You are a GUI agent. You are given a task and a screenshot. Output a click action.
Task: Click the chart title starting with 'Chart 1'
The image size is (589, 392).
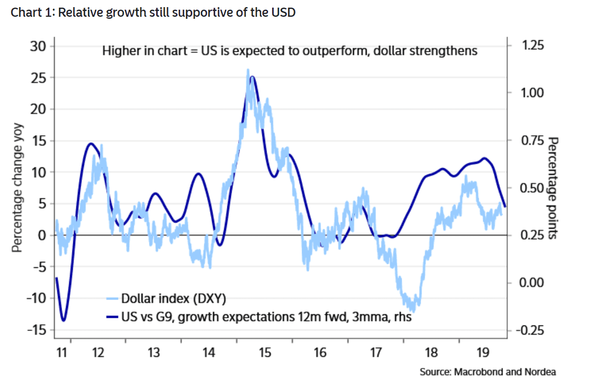(x=153, y=12)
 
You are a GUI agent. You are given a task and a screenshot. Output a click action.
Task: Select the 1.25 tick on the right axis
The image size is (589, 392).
(x=533, y=45)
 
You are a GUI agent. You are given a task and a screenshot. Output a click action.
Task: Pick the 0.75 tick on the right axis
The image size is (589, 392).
(x=533, y=140)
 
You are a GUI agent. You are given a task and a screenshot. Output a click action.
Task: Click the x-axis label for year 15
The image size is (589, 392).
(x=264, y=352)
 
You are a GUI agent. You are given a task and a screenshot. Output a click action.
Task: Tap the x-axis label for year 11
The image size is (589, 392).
(x=62, y=352)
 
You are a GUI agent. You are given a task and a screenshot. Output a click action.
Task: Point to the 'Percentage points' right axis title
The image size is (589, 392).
(x=553, y=188)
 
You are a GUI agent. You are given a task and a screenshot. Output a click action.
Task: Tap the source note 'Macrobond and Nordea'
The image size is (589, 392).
(x=488, y=372)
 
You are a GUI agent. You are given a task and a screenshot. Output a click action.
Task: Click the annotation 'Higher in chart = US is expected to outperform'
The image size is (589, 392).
(x=289, y=51)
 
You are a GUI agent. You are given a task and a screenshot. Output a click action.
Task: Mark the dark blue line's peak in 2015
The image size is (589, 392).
(x=252, y=77)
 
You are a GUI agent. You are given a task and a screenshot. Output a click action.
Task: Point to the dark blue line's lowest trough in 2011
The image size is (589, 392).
(x=64, y=320)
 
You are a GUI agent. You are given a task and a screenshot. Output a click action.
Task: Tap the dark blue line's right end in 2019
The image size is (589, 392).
(x=505, y=206)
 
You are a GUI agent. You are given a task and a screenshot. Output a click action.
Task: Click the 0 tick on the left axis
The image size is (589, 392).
(x=43, y=235)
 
